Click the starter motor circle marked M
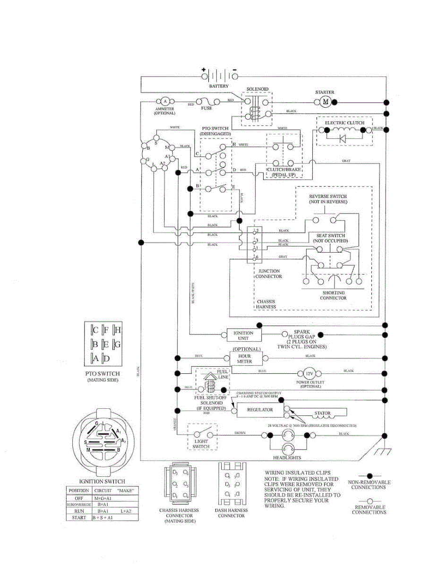[325, 102]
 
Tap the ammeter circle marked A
[165, 101]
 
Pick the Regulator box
[260, 410]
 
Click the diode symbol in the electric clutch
[343, 138]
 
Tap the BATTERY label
[219, 86]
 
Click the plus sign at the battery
[204, 69]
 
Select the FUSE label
[206, 108]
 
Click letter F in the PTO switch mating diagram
[106, 330]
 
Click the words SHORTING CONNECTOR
[334, 295]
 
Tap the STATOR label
[323, 413]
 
